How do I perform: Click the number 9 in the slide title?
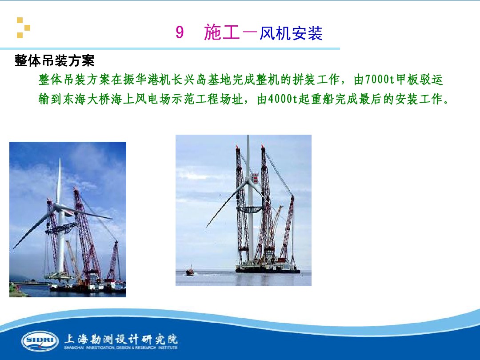(180, 33)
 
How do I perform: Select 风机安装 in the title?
(291, 33)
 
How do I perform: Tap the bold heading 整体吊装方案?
(55, 60)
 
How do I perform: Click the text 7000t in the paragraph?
(379, 80)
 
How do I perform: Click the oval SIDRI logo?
(40, 340)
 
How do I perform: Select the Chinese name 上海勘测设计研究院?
(121, 339)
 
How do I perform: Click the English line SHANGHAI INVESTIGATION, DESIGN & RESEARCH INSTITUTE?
(121, 348)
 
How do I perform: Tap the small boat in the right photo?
(190, 271)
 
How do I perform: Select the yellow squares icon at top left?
(23, 28)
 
